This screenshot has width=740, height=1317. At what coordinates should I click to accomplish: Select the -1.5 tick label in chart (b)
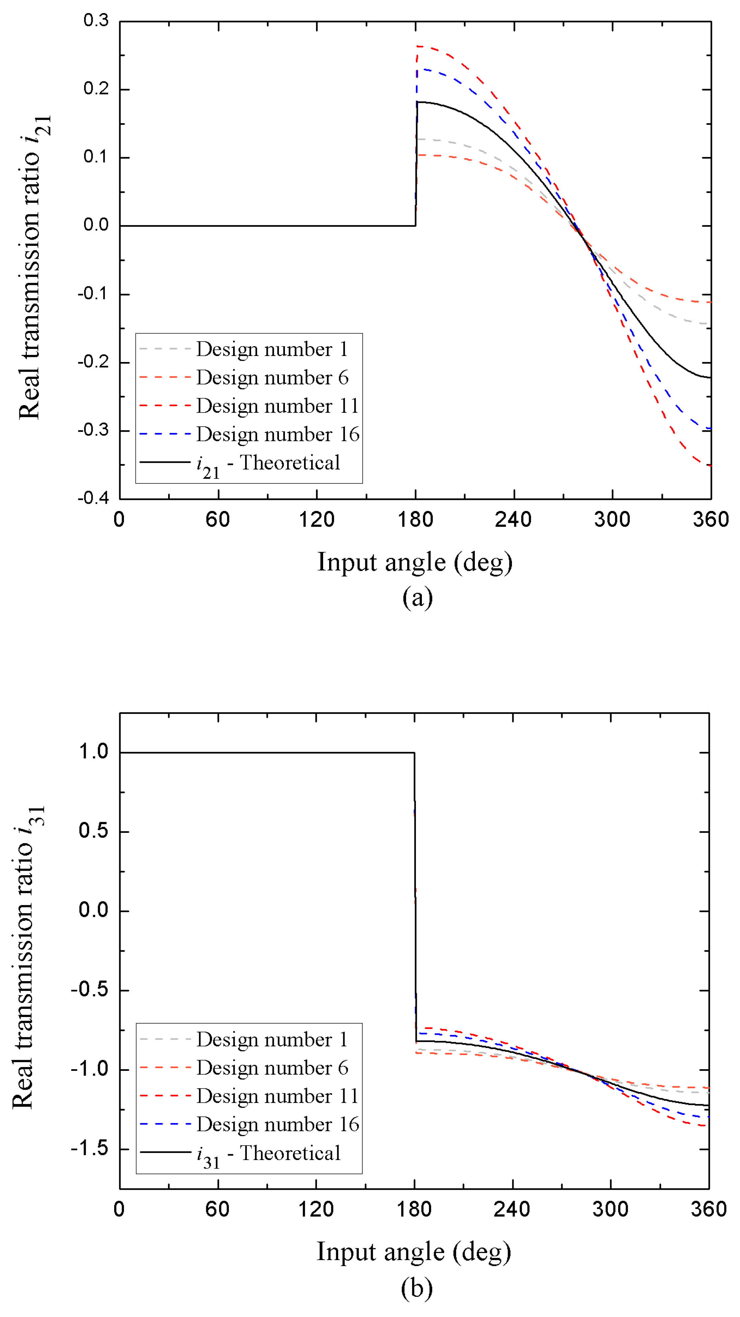(x=90, y=1148)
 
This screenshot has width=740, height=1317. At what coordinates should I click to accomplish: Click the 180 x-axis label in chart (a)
(x=415, y=519)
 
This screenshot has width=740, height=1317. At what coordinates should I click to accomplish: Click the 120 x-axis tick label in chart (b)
(x=316, y=1209)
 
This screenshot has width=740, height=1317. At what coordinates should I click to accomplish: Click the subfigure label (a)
(x=417, y=597)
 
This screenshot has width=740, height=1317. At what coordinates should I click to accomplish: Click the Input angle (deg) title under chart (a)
(x=415, y=562)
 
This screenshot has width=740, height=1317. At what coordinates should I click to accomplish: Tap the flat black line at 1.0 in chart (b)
(x=266, y=752)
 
